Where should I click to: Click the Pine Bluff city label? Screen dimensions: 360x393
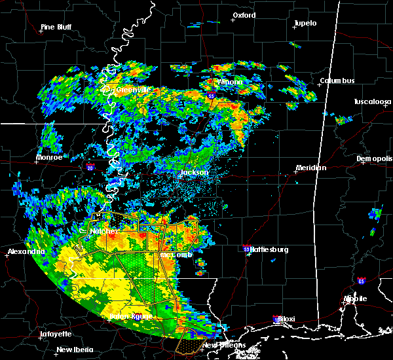click(56, 27)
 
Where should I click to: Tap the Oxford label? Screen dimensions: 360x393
click(244, 15)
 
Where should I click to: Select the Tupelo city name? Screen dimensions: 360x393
click(305, 24)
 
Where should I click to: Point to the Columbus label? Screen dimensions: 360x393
click(337, 81)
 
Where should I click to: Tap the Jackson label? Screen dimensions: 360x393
click(194, 173)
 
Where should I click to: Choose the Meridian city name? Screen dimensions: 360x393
click(311, 168)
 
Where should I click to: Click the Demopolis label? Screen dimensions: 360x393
click(374, 159)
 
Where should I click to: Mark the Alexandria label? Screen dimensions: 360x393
click(26, 252)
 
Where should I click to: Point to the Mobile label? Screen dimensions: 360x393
click(356, 298)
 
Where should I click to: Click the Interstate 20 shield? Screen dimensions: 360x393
click(90, 168)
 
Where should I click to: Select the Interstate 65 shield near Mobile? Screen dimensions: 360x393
click(362, 281)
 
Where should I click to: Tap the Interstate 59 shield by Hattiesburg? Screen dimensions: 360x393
click(246, 249)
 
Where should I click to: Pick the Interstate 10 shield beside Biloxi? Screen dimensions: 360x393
click(276, 319)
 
